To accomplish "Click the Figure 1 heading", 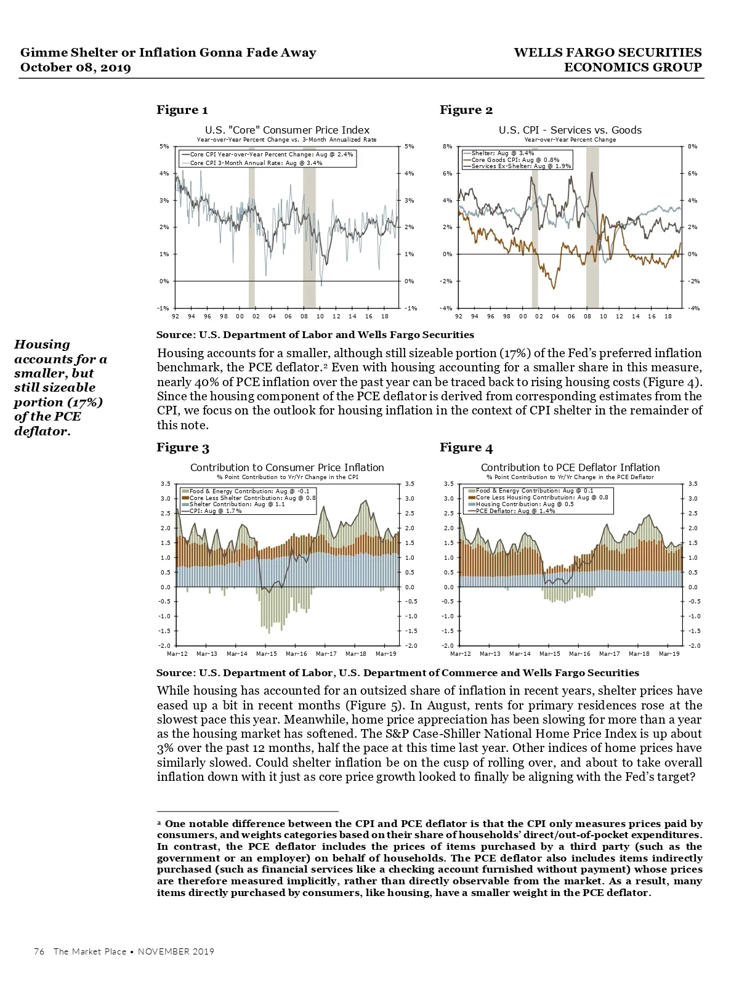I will (182, 110).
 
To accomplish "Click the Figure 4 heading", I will (466, 448).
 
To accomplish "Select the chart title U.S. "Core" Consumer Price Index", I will (287, 130).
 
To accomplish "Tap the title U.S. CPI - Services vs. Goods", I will (570, 130).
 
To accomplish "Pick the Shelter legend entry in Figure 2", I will (502, 153).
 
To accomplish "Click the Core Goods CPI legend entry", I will (515, 159).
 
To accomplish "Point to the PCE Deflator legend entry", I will (515, 511).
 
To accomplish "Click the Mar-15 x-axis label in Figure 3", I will (266, 654).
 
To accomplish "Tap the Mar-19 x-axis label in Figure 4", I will (669, 654).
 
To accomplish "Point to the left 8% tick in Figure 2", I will (447, 147).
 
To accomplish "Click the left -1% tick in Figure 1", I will (163, 309).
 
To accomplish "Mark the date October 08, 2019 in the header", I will (76, 68).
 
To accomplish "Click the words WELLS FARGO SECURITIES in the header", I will (607, 53).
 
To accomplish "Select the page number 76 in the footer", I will (39, 951).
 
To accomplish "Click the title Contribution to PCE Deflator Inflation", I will (570, 468).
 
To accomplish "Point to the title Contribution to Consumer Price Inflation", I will (287, 468).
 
